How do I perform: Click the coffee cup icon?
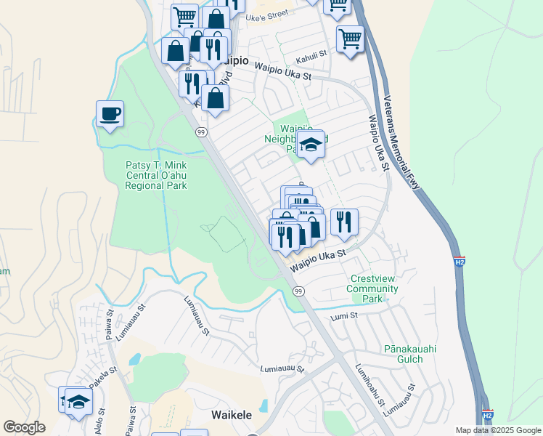tap(109, 114)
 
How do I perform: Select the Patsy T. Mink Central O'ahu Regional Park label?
tap(156, 175)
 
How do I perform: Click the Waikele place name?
tap(231, 415)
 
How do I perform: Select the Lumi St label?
tap(345, 315)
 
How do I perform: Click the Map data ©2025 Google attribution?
tap(497, 430)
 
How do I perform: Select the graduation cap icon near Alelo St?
tap(78, 401)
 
